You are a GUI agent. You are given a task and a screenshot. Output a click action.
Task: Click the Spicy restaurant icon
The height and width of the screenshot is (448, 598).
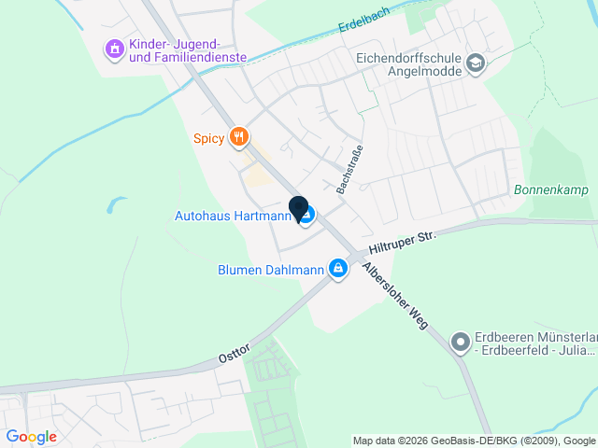(x=240, y=138)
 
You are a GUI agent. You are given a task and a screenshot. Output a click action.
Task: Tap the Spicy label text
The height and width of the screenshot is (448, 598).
(x=208, y=139)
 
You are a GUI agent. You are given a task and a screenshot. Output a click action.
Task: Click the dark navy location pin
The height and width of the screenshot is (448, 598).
(x=299, y=208)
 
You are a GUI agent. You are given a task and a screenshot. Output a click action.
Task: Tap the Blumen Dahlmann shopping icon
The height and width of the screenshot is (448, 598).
(x=338, y=271)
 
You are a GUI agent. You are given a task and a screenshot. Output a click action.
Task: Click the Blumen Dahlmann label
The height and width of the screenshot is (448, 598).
(x=270, y=271)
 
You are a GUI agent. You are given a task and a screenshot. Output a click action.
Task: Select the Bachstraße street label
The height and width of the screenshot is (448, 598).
(x=349, y=169)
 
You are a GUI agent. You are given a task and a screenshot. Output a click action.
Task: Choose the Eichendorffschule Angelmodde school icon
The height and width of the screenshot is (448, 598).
(x=476, y=63)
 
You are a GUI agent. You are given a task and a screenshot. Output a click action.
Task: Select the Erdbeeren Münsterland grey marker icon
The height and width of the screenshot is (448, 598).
(x=460, y=343)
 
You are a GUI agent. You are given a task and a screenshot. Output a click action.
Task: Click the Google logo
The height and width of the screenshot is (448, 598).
(x=31, y=437)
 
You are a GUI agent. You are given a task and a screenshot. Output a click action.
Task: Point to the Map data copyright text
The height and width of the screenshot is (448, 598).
(x=474, y=441)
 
